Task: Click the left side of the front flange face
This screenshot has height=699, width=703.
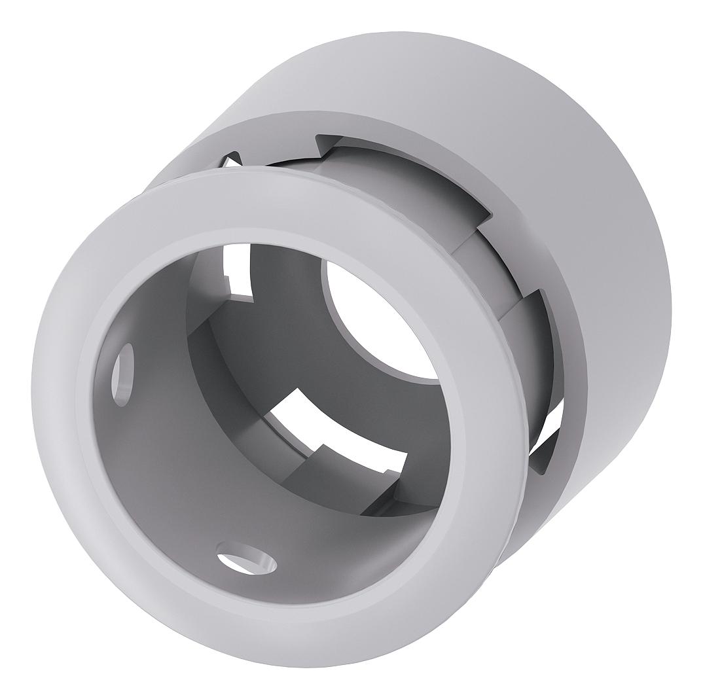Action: click(59, 406)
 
